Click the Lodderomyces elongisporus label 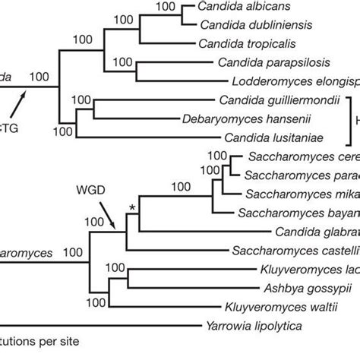[304, 81]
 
